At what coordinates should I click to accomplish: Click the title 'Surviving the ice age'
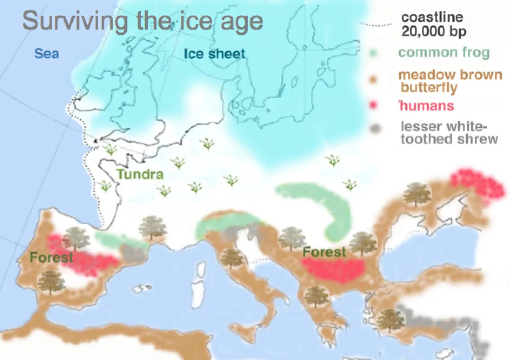coord(143,21)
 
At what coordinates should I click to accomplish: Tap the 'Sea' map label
coord(47,54)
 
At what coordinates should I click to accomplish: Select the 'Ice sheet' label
coord(214,54)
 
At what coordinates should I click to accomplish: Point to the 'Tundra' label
coord(140,175)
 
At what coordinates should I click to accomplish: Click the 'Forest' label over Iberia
coord(51,257)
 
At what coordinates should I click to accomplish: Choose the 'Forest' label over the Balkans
coord(324,252)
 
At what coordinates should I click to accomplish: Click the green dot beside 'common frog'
coord(373,53)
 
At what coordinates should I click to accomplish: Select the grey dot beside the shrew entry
coord(374,129)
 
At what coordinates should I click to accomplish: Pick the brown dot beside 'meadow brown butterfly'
coord(373,80)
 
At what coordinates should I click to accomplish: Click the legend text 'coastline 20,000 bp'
coord(432,24)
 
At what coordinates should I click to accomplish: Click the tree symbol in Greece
coord(317,297)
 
